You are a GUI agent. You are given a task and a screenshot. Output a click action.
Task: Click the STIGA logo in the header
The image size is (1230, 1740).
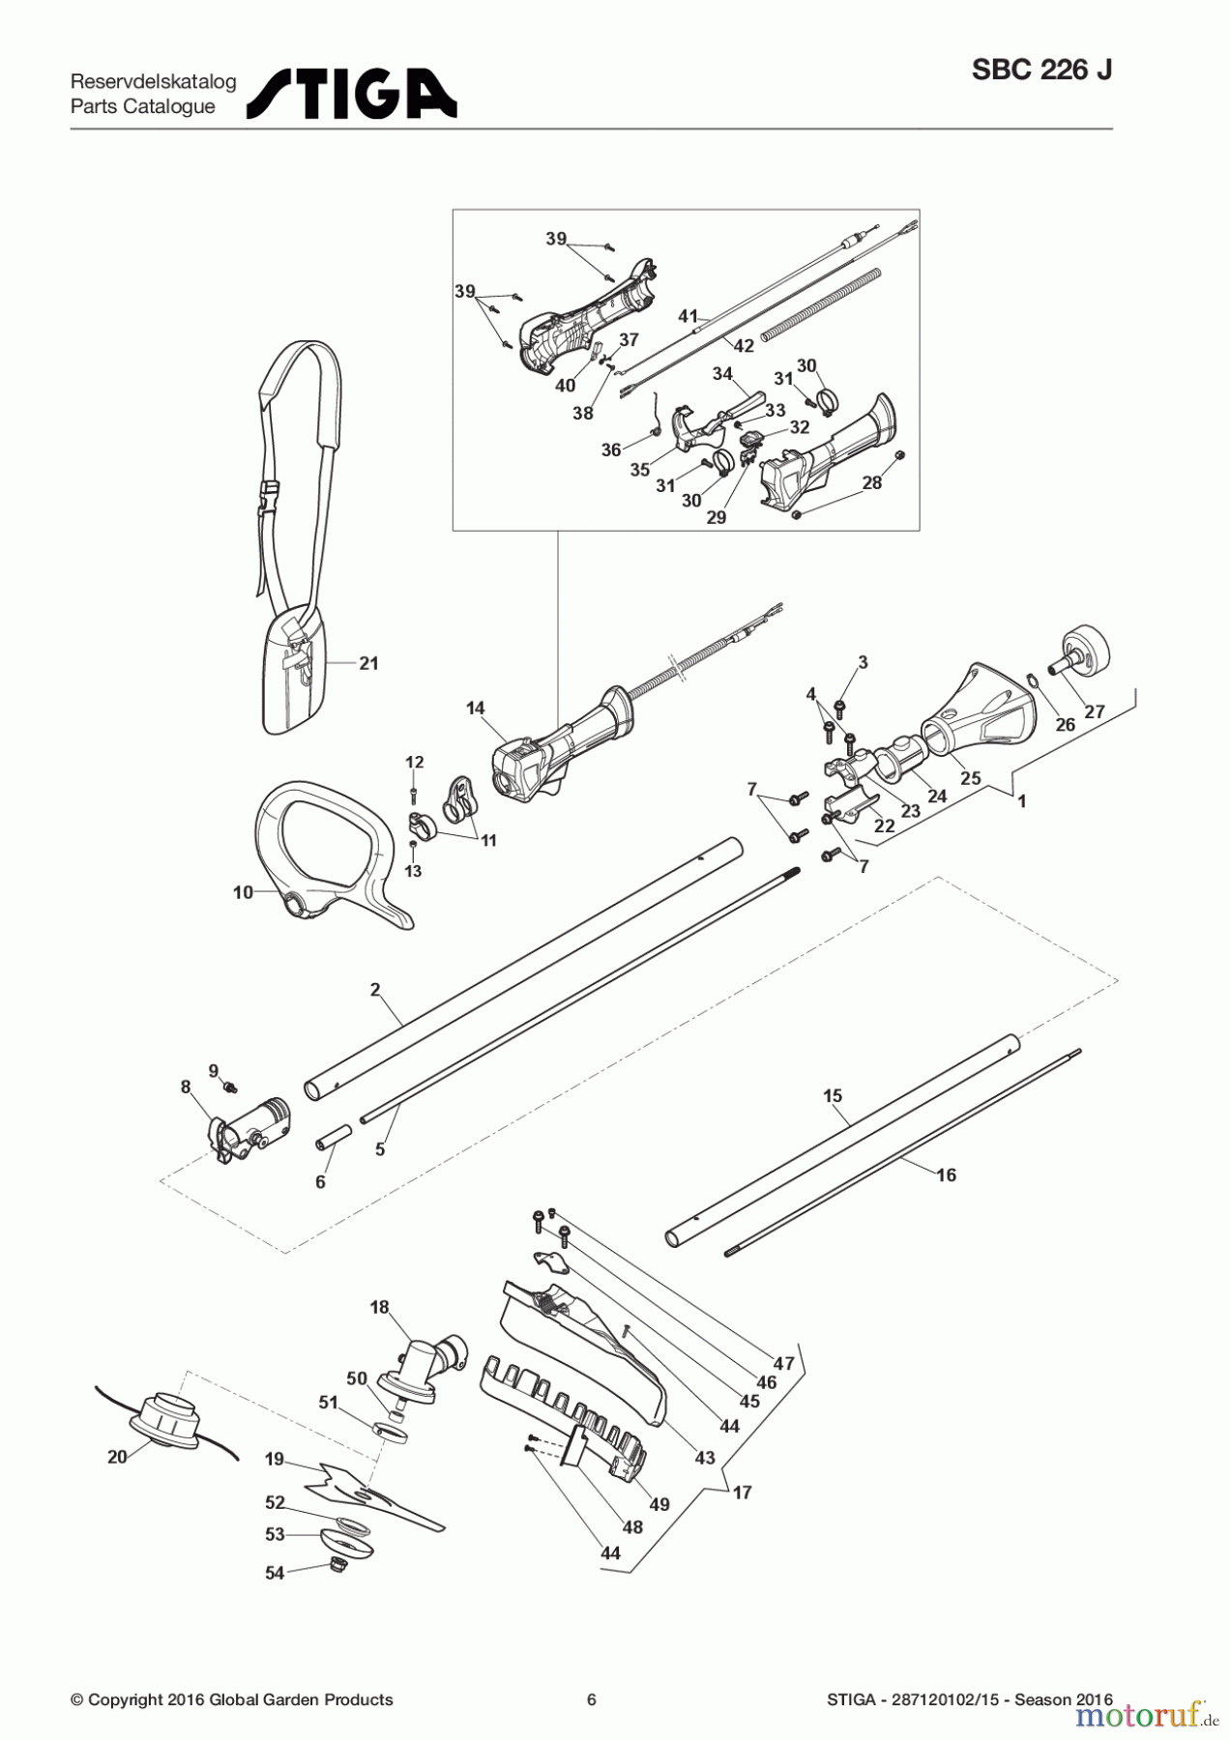click(x=352, y=94)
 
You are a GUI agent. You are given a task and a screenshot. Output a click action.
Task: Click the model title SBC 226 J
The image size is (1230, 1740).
click(x=1041, y=71)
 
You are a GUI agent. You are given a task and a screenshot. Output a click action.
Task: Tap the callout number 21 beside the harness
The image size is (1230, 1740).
click(x=369, y=663)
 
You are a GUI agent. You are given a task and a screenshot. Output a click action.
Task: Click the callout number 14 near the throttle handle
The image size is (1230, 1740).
click(x=475, y=709)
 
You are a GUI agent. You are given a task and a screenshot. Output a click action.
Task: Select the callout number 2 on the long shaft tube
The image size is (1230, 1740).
click(x=375, y=989)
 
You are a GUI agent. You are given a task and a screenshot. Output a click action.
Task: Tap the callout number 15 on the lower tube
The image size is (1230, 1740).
click(x=833, y=1095)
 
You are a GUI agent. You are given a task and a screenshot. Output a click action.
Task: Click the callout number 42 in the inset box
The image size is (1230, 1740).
click(x=744, y=346)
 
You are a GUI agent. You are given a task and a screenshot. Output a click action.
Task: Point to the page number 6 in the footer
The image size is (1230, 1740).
click(x=592, y=1699)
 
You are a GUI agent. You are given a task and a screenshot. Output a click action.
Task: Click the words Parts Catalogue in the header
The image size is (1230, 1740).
click(x=143, y=107)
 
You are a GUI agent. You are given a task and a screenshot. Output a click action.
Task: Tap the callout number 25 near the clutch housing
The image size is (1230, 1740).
click(x=970, y=777)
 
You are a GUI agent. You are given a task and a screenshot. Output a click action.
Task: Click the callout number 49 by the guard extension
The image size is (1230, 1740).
click(x=659, y=1504)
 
